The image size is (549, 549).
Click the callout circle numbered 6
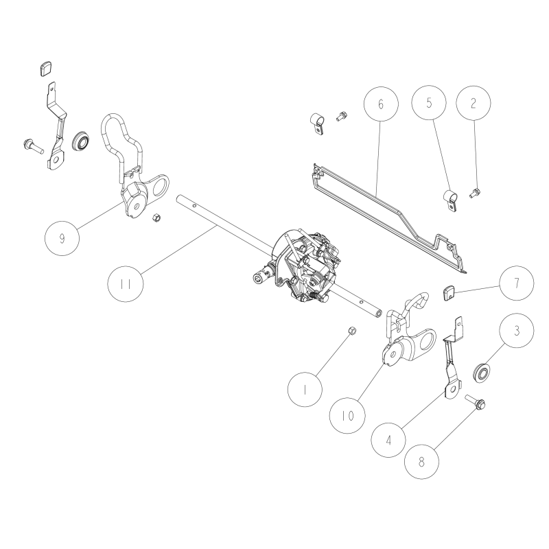click(381, 104)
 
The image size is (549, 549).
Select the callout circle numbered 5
click(429, 102)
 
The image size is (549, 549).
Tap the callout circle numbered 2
click(474, 103)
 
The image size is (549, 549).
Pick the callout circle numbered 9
click(62, 238)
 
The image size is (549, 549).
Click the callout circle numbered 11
click(126, 284)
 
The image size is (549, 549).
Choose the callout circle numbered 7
click(517, 283)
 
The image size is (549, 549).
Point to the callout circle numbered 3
click(517, 331)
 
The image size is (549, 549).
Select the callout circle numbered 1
click(305, 389)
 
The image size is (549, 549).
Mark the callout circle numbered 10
click(348, 416)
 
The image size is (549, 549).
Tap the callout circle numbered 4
click(388, 440)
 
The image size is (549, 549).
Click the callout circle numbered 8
click(421, 462)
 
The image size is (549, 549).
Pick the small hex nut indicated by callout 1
click(352, 330)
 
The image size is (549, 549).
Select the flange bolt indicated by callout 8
click(475, 401)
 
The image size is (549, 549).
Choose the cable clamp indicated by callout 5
click(449, 201)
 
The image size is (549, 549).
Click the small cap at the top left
click(45, 68)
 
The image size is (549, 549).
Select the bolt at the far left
click(33, 146)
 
